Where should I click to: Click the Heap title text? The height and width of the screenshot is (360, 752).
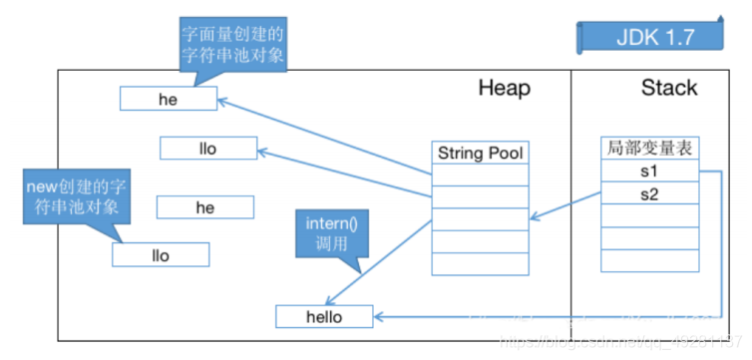pos(504,89)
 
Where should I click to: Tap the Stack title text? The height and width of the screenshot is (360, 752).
pos(669,89)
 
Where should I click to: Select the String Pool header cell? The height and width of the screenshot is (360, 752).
pos(480,154)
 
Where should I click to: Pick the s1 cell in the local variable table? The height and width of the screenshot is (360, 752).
pos(650,172)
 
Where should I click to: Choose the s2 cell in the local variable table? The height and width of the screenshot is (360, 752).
pos(650,193)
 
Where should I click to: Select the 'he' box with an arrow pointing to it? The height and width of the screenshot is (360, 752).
pos(168,99)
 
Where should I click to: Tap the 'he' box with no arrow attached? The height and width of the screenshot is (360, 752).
pos(204,207)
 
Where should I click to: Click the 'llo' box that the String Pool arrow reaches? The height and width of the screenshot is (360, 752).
pos(207,149)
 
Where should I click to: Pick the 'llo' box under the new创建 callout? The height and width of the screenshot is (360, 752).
pos(160,255)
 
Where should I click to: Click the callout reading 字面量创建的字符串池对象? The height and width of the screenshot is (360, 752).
pos(232,46)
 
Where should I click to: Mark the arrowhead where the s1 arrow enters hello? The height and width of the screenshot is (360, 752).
pos(378,316)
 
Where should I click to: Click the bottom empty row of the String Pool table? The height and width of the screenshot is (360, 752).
pos(480,263)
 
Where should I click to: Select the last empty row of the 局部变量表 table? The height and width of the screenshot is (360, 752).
pos(650,260)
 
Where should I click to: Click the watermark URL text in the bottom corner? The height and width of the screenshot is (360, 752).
pos(618,342)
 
